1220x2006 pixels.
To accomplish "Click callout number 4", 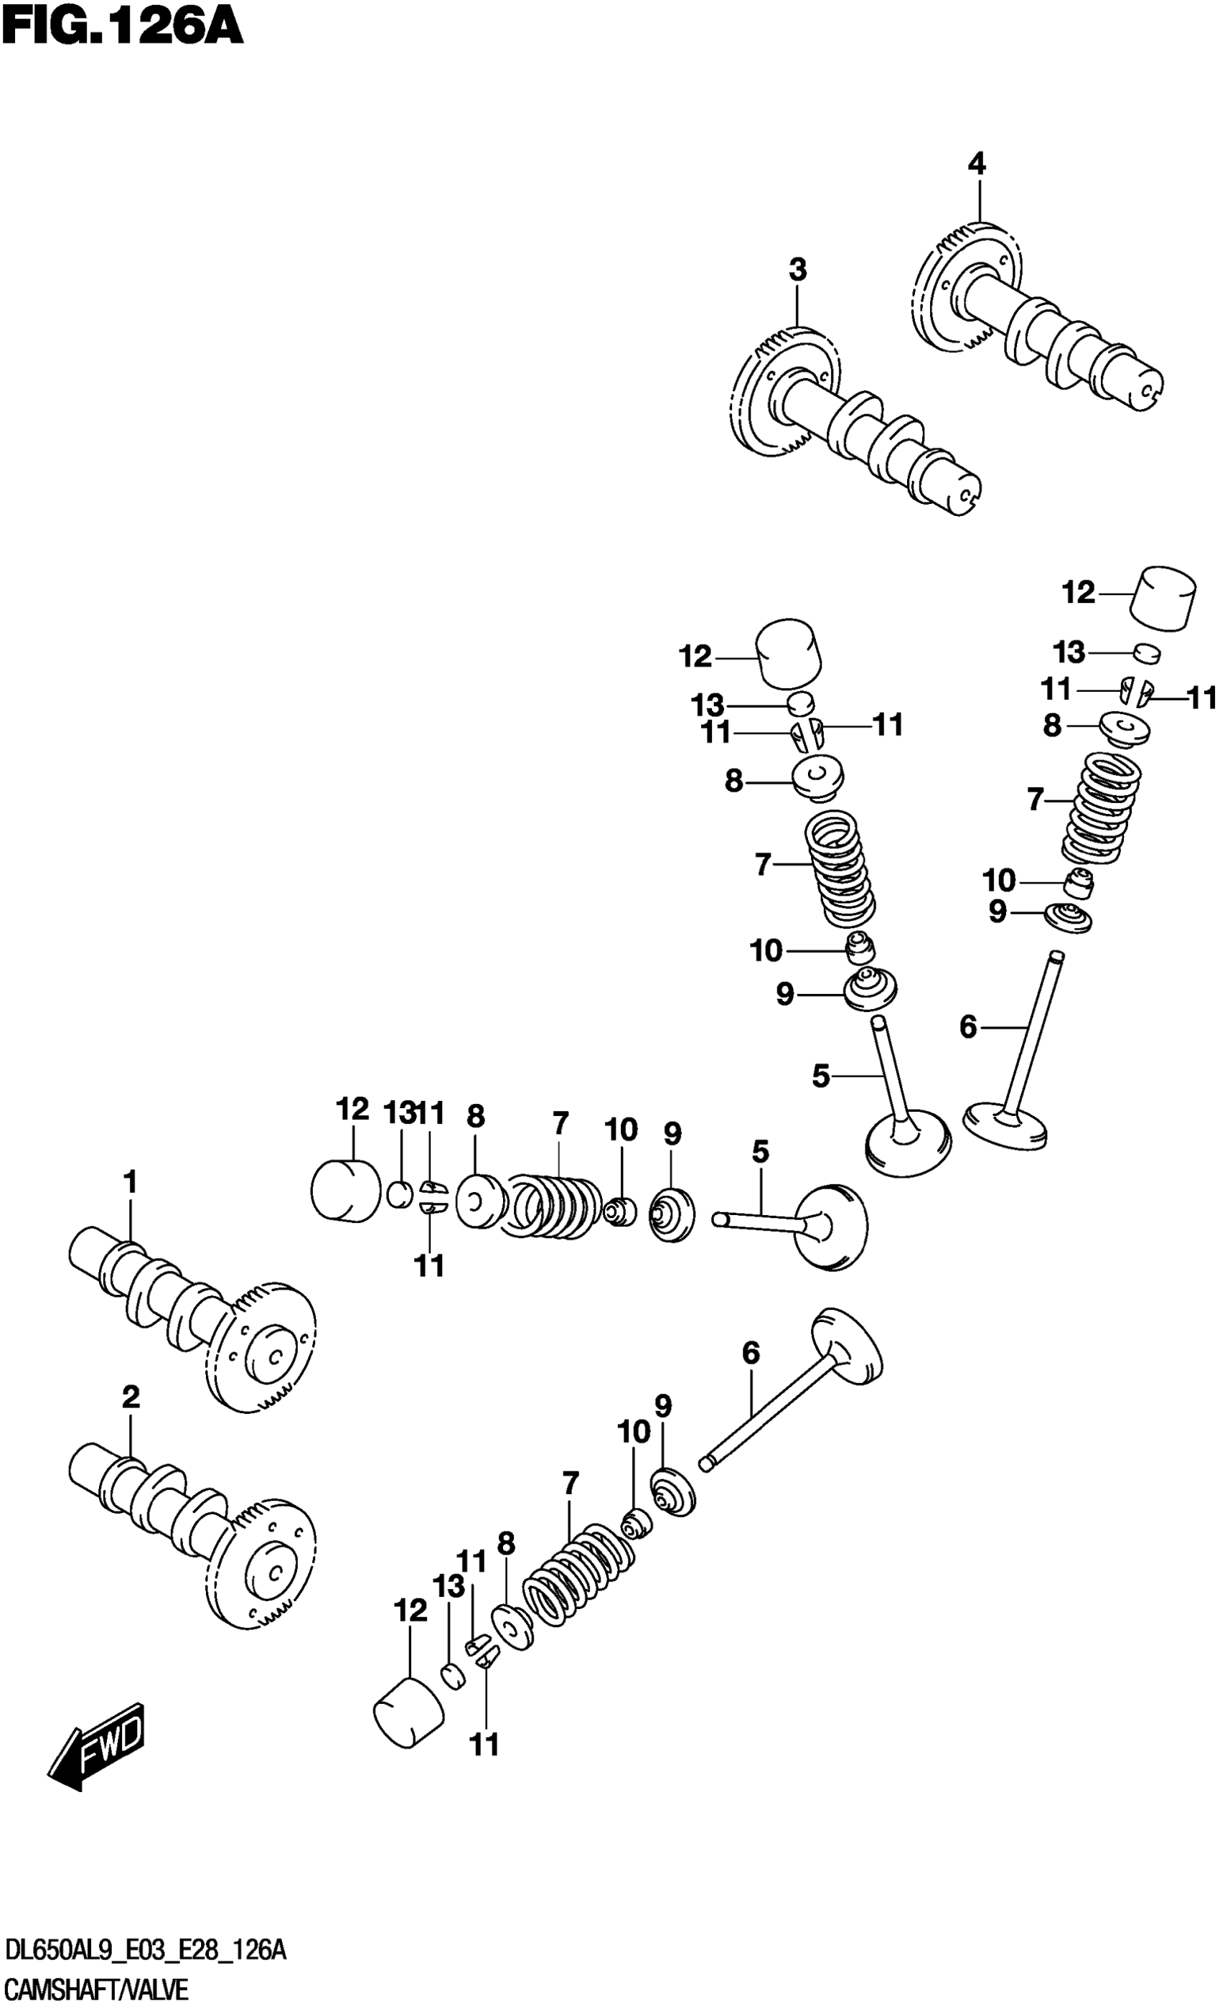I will pos(976,164).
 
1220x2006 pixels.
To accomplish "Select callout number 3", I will pos(797,269).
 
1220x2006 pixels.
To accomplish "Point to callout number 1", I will pos(130,1181).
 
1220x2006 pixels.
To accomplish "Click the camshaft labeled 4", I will pos(1042,326).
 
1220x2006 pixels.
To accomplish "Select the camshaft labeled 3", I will pos(855,423).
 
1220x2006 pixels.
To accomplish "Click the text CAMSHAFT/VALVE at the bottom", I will pos(96,1989).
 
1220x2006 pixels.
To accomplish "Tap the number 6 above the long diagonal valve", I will pos(751,1353).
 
